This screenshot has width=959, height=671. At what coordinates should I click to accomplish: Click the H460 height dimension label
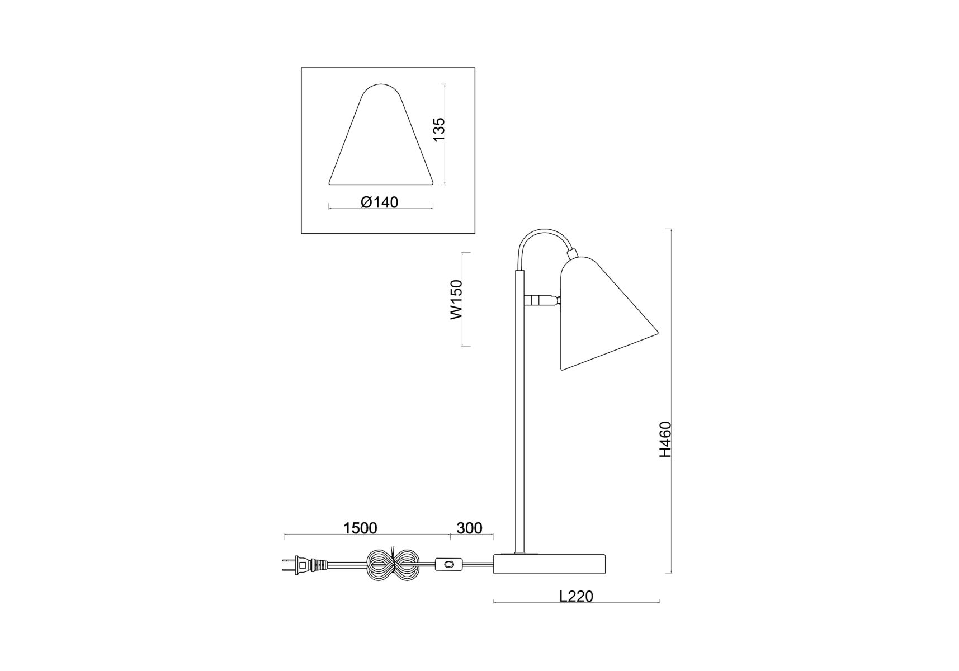click(665, 440)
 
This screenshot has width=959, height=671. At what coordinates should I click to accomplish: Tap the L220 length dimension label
click(576, 596)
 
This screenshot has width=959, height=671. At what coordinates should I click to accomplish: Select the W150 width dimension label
click(457, 299)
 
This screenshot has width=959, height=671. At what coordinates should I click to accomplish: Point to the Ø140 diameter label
click(380, 202)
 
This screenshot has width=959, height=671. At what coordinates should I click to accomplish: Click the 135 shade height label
click(439, 129)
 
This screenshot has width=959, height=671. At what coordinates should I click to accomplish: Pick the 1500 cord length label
click(360, 528)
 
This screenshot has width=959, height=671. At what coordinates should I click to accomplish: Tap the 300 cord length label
click(469, 528)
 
